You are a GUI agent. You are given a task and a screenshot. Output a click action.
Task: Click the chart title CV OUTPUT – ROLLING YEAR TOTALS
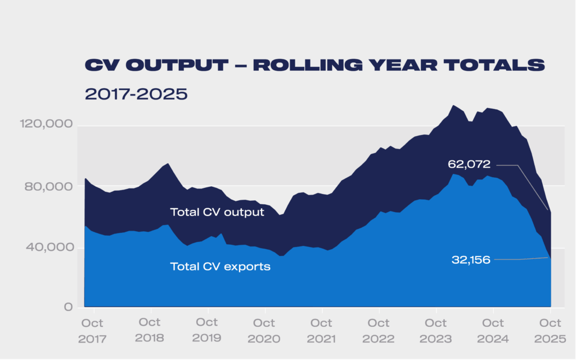point(314,65)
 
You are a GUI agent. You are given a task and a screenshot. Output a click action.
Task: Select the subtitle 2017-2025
point(136,93)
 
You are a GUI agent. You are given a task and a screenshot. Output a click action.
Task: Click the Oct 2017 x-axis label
point(93,331)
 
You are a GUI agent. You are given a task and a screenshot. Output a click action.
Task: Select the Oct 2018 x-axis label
point(150,331)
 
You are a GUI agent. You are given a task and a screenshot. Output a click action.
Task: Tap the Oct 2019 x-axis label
point(207,331)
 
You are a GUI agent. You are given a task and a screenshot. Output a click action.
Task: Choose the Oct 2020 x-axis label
point(264,331)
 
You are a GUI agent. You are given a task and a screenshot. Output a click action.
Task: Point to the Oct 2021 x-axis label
point(321,331)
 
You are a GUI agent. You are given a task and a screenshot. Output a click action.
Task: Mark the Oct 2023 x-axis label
point(436,331)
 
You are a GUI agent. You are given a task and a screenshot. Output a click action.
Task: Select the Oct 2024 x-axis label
point(493,331)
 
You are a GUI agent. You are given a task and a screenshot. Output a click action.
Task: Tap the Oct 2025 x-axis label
point(550,331)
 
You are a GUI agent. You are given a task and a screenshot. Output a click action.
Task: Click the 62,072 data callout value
point(469,165)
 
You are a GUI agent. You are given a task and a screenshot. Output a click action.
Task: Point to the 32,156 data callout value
point(471,260)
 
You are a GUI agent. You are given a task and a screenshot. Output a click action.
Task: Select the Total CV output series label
point(217,212)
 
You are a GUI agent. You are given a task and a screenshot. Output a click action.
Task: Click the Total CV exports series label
point(220,267)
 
